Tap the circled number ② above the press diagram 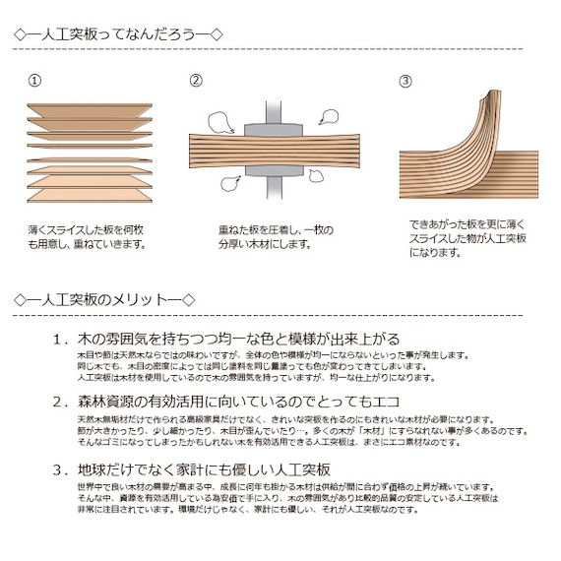pyautogui.click(x=196, y=81)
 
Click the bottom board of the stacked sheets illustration pyautogui.click(x=90, y=196)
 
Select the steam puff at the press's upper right pyautogui.click(x=329, y=117)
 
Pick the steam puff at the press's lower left pyautogui.click(x=230, y=182)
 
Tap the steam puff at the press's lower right pyautogui.click(x=316, y=176)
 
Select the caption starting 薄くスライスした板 pyautogui.click(x=88, y=237)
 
